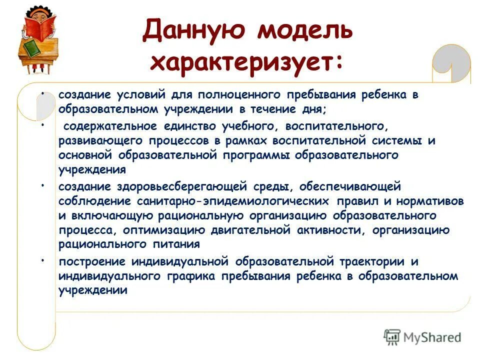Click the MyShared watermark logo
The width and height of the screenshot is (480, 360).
coord(422,337)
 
